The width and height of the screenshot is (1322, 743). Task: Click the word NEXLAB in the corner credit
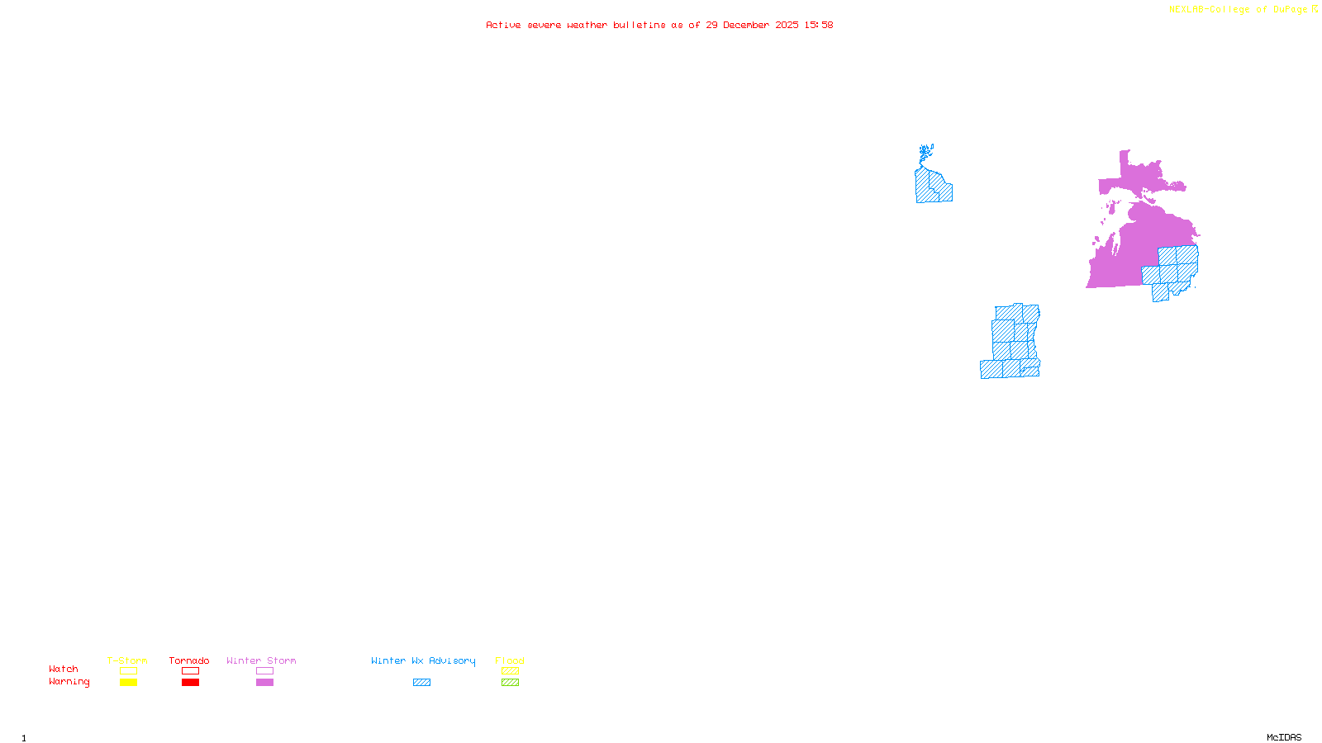[x=1187, y=10]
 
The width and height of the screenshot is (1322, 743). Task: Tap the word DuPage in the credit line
[x=1290, y=10]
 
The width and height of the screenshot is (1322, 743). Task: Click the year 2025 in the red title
[x=787, y=25]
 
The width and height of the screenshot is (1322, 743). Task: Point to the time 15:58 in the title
[x=819, y=25]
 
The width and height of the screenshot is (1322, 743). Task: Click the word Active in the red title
[x=503, y=25]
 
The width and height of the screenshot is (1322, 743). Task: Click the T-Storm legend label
[x=127, y=660]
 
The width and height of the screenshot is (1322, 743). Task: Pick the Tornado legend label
[x=189, y=660]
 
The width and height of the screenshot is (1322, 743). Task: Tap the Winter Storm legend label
[x=261, y=660]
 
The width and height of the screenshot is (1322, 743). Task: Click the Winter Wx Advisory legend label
[x=423, y=660]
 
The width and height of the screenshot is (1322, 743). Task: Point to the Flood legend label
[x=510, y=660]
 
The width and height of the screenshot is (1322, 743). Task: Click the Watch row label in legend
[x=64, y=669]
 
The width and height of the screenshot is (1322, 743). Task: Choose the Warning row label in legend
[x=69, y=682]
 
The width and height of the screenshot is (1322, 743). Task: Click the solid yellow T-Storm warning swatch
[x=128, y=683]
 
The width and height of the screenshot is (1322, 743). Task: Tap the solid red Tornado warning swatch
[x=190, y=683]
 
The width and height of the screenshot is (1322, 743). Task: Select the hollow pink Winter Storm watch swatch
[x=264, y=671]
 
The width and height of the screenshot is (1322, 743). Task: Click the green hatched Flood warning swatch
[x=510, y=683]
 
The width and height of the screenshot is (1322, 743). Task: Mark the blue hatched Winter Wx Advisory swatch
[x=421, y=683]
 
